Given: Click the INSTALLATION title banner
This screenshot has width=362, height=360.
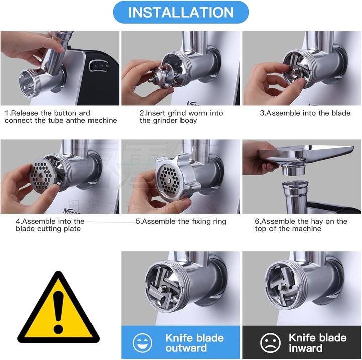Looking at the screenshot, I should [180, 12].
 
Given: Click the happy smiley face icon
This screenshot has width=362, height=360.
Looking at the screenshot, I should [142, 343].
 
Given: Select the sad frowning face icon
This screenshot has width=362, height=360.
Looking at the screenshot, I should [270, 343].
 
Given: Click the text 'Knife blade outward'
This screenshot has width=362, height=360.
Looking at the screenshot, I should [195, 342].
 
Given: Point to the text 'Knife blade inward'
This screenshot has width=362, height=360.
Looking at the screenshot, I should [317, 342].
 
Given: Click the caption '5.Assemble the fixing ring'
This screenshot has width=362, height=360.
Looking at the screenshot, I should [181, 221].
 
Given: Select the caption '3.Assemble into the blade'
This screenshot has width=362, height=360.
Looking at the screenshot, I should [305, 113].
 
